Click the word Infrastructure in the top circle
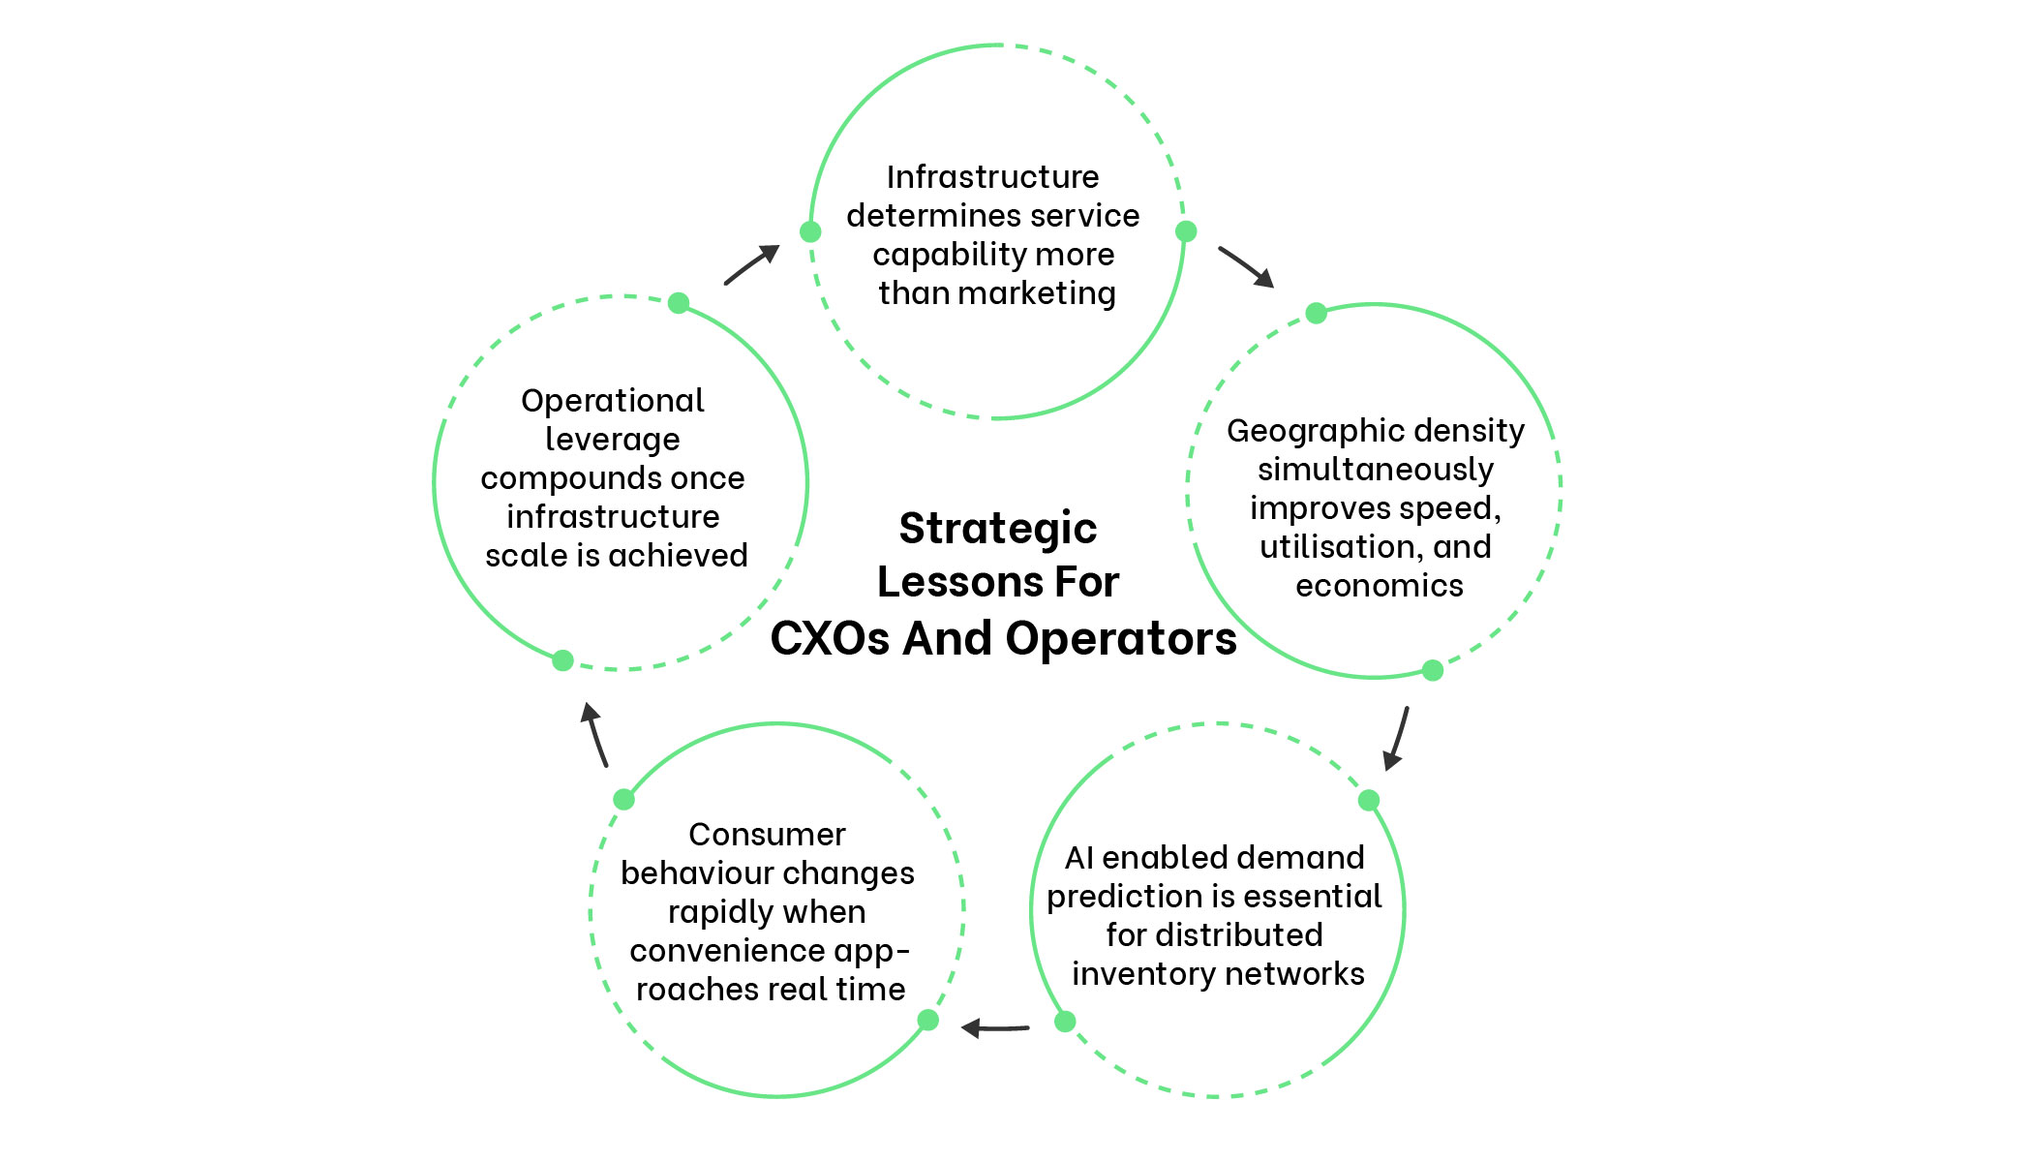992,177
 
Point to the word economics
1379,586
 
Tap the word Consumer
767,835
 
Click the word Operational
612,401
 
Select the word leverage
612,440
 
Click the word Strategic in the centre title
997,529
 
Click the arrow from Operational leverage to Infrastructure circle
752,264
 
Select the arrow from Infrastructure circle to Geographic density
1246,266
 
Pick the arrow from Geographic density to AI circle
1397,738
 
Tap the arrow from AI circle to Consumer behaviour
994,1027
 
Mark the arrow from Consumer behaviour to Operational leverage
594,735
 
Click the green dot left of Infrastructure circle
810,231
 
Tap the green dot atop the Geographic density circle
1316,313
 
